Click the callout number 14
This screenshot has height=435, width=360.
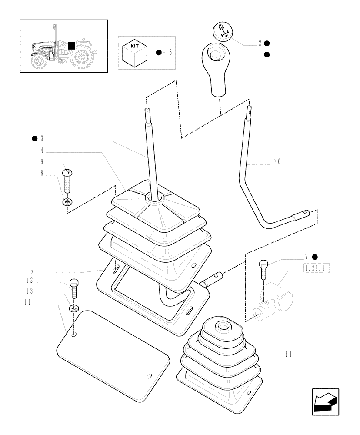click(287, 355)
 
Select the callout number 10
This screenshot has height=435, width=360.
click(277, 161)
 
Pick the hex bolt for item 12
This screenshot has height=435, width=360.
click(73, 288)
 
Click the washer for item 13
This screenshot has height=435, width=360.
click(73, 308)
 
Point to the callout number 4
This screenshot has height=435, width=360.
click(42, 151)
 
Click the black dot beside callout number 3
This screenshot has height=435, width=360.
click(33, 139)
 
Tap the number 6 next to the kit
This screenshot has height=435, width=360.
click(170, 52)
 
